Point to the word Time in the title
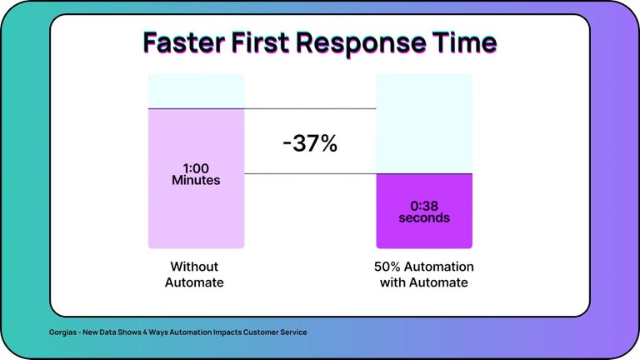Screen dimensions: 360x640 point(467,42)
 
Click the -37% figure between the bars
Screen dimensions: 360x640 point(310,143)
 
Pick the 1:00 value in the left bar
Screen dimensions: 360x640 point(196,168)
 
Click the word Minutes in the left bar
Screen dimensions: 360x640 point(196,180)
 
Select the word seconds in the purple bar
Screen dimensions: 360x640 point(423,218)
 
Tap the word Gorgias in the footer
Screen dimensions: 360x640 point(65,332)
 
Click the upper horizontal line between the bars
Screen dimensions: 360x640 point(310,108)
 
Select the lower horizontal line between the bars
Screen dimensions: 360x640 point(310,174)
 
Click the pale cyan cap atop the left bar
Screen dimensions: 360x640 point(196,91)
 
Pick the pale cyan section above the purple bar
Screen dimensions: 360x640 point(423,123)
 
